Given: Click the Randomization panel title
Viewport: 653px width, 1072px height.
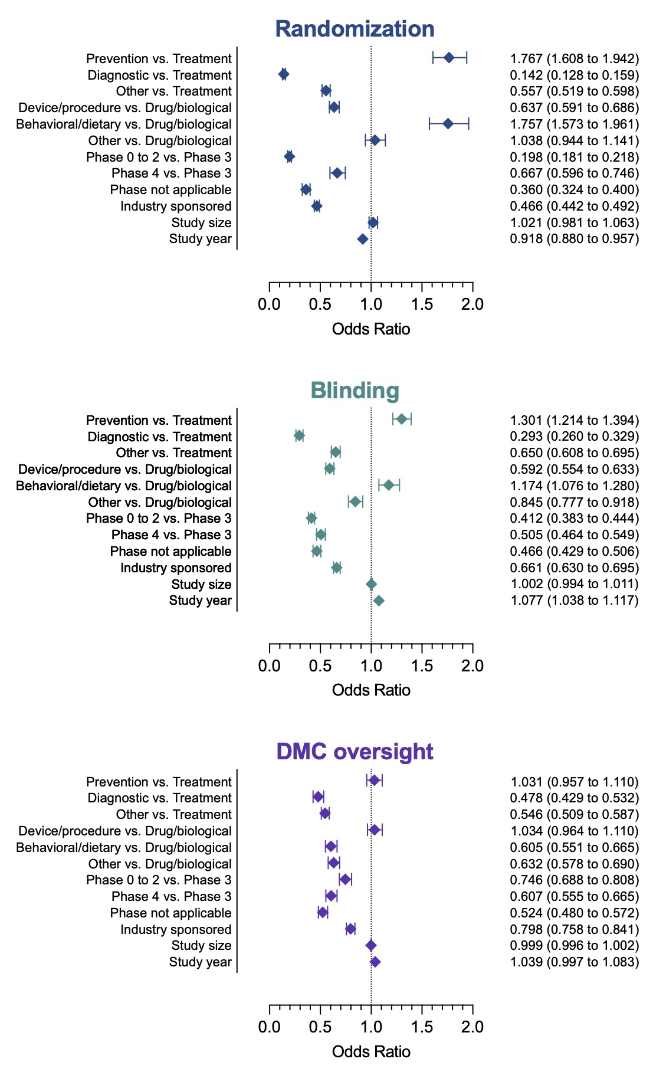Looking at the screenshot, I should pyautogui.click(x=355, y=29).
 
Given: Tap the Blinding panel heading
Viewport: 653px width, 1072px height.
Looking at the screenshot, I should pyautogui.click(x=355, y=391).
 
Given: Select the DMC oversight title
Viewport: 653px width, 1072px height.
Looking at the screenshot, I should pyautogui.click(x=355, y=752).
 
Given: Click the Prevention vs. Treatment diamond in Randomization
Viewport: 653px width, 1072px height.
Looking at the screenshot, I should pyautogui.click(x=449, y=57).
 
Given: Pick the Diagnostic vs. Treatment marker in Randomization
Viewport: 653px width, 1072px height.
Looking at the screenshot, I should pyautogui.click(x=284, y=74).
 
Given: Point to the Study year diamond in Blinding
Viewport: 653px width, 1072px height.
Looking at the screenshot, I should pyautogui.click(x=379, y=601).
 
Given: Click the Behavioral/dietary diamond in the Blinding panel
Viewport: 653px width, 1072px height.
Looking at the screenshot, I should pyautogui.click(x=389, y=485).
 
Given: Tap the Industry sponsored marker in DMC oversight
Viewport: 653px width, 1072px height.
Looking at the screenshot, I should pyautogui.click(x=350, y=929).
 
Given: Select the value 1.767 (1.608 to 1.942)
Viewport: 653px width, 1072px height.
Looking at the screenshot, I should pyautogui.click(x=574, y=58).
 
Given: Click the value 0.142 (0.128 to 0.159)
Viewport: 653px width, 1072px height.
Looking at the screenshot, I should pyautogui.click(x=574, y=75).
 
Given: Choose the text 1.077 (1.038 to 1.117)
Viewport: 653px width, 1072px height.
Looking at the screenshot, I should pyautogui.click(x=574, y=601).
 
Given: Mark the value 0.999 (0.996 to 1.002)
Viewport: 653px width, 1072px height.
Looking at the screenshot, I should pyautogui.click(x=574, y=946).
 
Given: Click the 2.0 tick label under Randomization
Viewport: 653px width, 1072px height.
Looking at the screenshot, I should pyautogui.click(x=472, y=304).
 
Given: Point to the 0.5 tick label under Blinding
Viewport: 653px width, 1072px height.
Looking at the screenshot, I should pyautogui.click(x=320, y=666).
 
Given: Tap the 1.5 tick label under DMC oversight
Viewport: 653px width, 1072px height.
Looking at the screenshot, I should pyautogui.click(x=422, y=1027).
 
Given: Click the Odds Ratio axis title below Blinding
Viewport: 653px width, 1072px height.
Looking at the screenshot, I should pyautogui.click(x=371, y=690).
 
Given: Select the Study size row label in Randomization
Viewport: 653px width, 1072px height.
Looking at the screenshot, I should pyautogui.click(x=201, y=222).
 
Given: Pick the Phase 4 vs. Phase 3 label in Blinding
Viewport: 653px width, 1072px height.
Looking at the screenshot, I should pyautogui.click(x=171, y=535).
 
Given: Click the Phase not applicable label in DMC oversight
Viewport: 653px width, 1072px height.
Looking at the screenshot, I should pyautogui.click(x=170, y=913).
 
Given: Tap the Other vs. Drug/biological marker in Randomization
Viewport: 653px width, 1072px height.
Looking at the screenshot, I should pyautogui.click(x=375, y=140).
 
